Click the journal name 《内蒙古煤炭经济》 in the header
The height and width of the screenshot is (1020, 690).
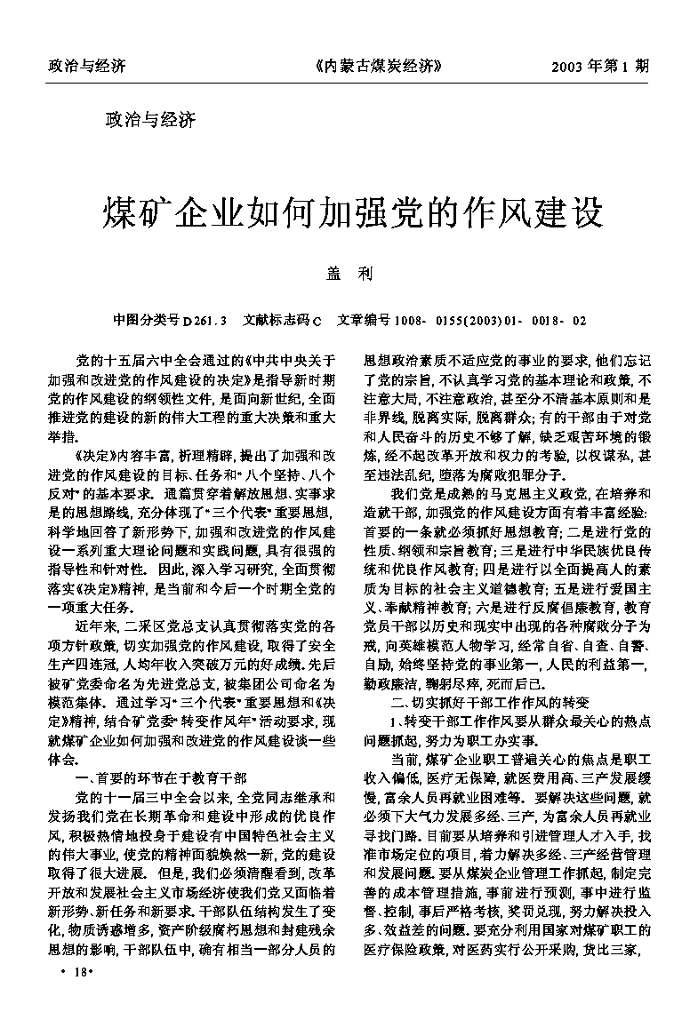[x=378, y=66]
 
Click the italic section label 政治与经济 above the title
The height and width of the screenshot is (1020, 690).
[x=150, y=118]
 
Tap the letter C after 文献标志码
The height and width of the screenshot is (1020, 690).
[x=317, y=319]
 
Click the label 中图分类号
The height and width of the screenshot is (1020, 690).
[x=141, y=319]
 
